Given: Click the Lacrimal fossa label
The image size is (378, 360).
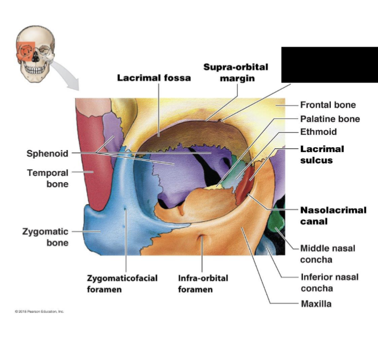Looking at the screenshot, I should click(154, 78).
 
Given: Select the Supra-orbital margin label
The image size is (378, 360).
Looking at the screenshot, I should click(236, 72).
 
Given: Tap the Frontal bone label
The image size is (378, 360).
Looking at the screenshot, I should click(328, 105).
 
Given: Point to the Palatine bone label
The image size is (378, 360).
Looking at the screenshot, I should click(330, 119).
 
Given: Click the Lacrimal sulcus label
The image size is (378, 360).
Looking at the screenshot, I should click(322, 154).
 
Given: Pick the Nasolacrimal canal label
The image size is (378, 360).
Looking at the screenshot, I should click(333, 215).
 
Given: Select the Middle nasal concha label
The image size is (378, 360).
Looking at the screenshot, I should click(327, 254).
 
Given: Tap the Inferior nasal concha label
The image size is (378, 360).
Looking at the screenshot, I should click(329, 282).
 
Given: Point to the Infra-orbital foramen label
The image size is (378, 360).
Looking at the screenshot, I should click(203, 283).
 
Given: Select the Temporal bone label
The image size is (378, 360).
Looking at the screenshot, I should click(48, 178).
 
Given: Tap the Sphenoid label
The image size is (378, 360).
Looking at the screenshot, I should click(47, 154).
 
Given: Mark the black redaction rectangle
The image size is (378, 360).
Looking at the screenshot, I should click(329, 64).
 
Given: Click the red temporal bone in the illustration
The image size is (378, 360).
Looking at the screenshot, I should click(92, 161).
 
